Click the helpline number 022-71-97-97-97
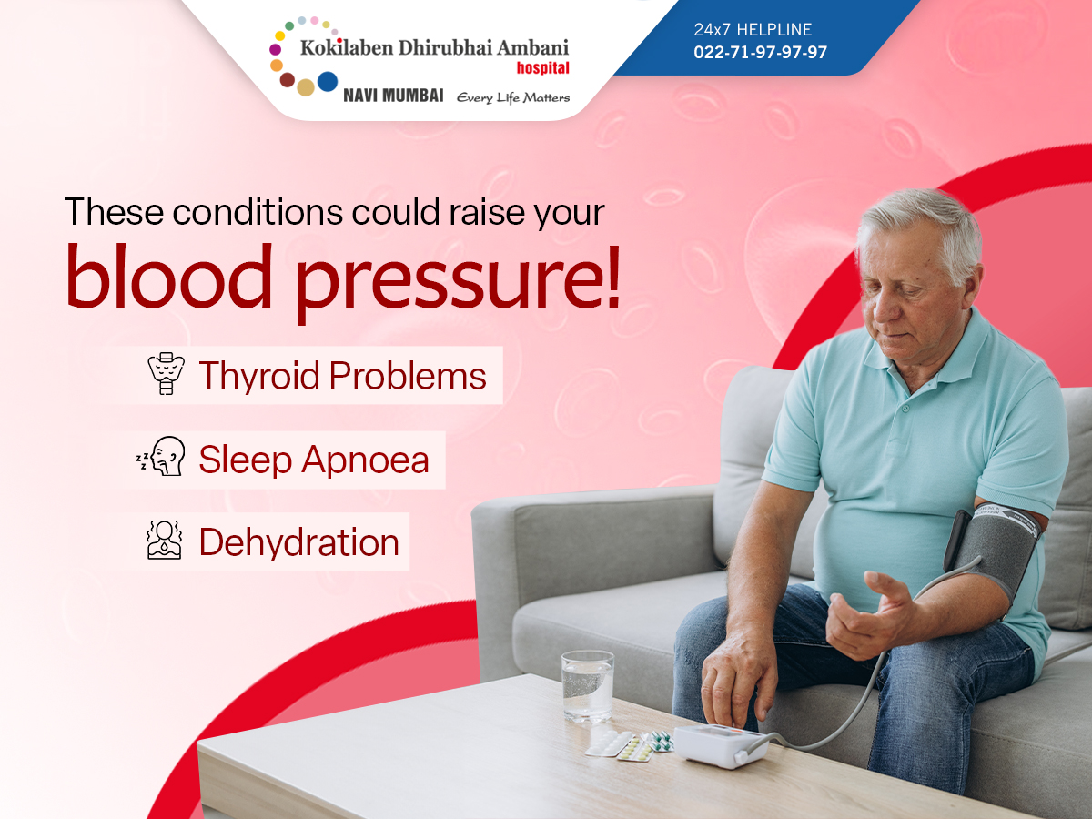(x=760, y=52)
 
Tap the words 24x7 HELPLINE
(x=753, y=30)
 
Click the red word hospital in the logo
(x=542, y=67)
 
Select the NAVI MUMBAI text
(x=393, y=96)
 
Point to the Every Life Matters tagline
(x=513, y=97)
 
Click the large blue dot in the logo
(x=328, y=82)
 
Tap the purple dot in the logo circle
(x=275, y=49)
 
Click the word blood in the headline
(x=168, y=276)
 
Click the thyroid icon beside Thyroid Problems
(x=167, y=373)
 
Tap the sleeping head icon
(x=162, y=457)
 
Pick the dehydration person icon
(x=165, y=541)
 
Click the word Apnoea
(x=365, y=460)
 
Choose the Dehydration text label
(x=299, y=542)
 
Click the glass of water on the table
(x=588, y=686)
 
